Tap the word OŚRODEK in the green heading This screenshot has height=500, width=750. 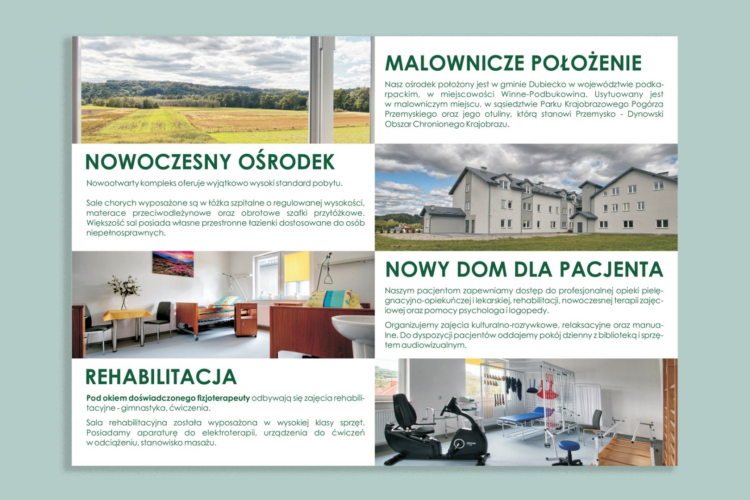tap(287, 162)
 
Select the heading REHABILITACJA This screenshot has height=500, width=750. tap(161, 377)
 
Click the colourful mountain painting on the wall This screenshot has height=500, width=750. tap(173, 263)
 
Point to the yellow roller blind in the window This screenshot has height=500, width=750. tap(297, 267)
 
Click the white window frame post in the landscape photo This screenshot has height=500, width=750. tap(321, 90)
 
